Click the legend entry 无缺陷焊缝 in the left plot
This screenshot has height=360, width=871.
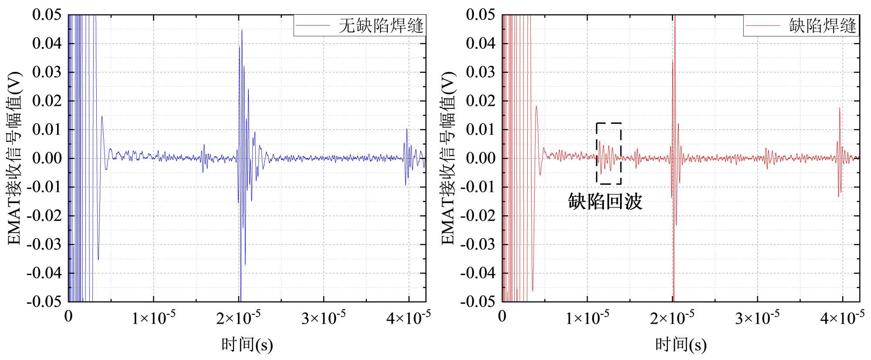(380, 26)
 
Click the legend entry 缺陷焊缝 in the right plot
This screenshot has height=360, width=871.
(822, 26)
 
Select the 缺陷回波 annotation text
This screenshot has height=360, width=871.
(605, 202)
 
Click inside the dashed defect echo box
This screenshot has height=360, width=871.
(609, 153)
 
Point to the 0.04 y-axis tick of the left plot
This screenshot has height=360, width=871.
(47, 44)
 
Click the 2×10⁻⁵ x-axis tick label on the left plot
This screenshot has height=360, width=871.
(238, 318)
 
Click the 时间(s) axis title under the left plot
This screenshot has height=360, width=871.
(247, 345)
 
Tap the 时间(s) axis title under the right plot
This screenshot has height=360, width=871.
(681, 345)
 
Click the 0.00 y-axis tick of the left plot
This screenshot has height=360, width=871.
(47, 158)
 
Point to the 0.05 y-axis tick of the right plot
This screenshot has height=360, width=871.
(481, 15)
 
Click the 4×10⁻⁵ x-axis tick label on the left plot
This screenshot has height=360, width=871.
(408, 318)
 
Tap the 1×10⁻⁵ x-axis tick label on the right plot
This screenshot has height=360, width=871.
(587, 318)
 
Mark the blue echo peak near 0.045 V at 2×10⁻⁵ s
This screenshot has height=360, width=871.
(242, 31)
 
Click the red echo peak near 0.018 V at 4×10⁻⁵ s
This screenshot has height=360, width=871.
(840, 109)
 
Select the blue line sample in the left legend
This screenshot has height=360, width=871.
(313, 26)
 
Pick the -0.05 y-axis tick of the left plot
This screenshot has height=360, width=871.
(44, 302)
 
